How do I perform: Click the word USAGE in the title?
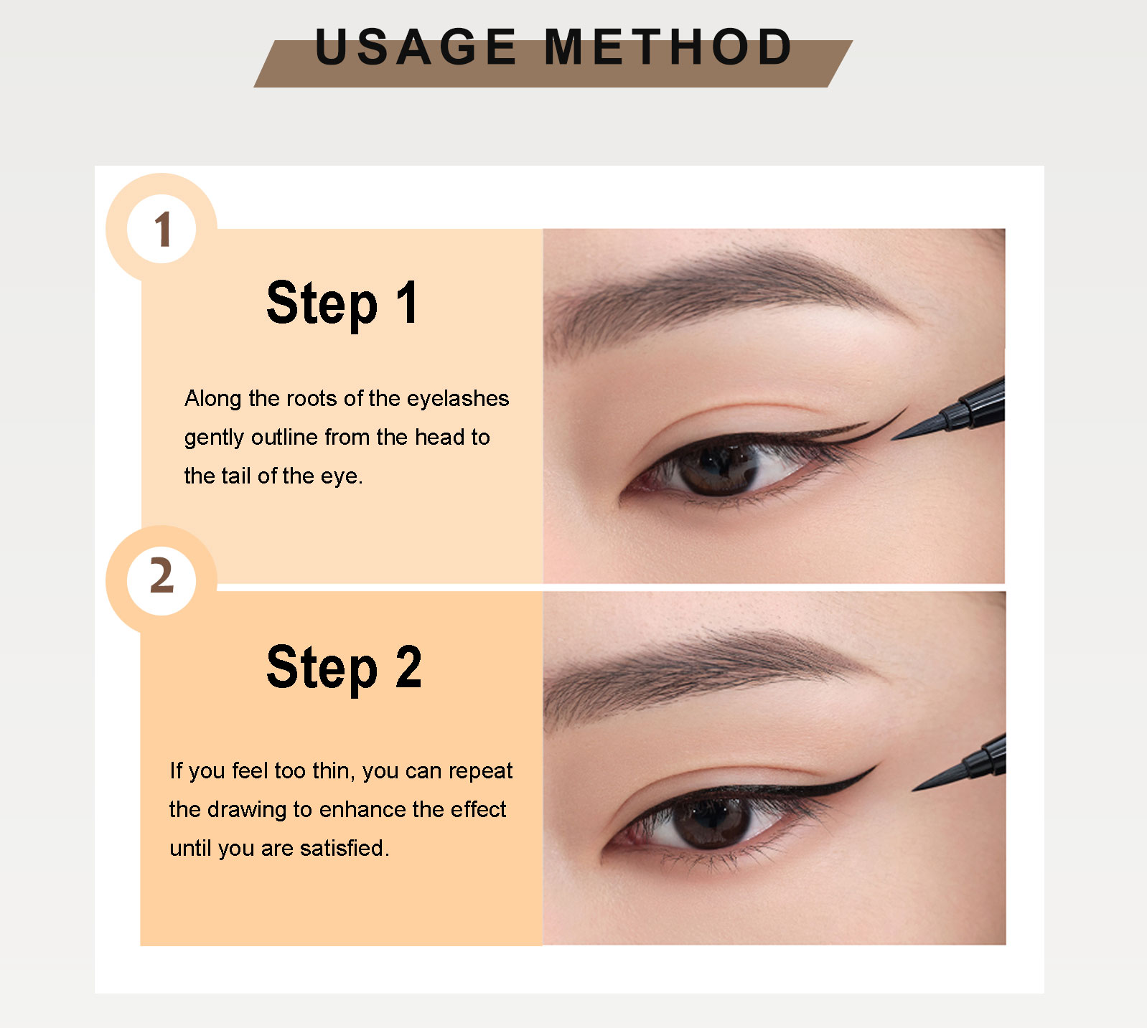tap(416, 47)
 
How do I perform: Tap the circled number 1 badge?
tap(162, 230)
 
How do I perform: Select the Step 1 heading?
tap(342, 303)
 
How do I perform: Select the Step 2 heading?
tap(344, 667)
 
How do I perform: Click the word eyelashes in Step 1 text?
tap(457, 399)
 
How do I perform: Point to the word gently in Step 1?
tap(214, 438)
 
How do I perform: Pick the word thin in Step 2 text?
tap(334, 770)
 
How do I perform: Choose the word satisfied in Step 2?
tap(344, 848)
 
